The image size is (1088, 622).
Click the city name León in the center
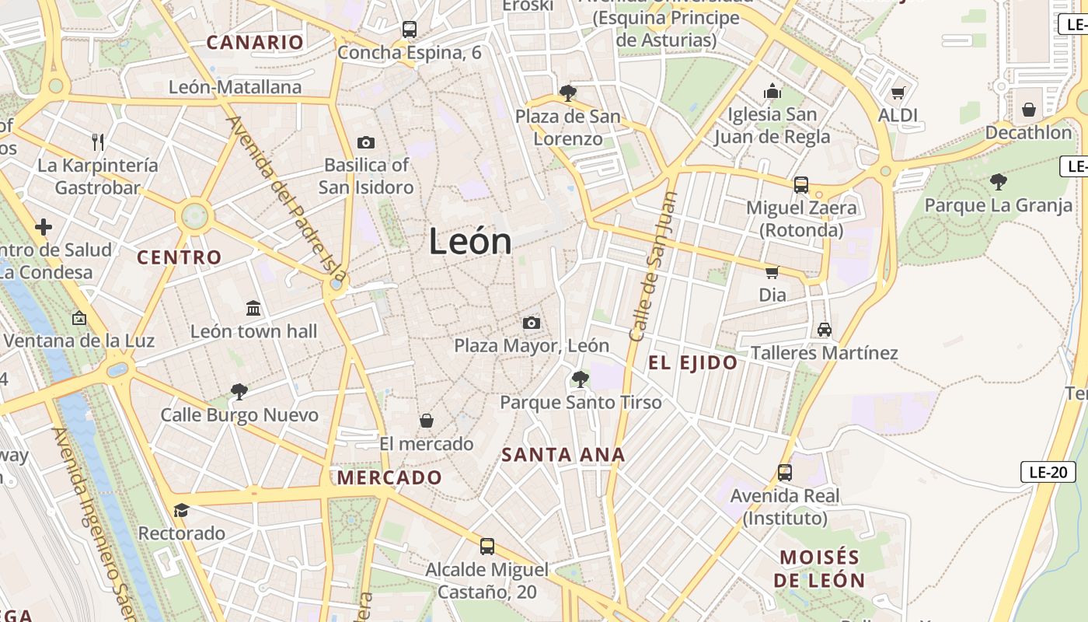click(x=470, y=242)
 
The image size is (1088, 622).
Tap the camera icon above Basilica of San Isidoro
click(x=365, y=142)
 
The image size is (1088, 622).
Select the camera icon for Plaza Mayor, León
click(x=532, y=323)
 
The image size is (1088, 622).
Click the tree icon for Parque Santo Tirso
click(x=580, y=379)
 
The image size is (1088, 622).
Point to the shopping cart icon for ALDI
click(x=898, y=93)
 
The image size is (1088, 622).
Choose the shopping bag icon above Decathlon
click(x=1029, y=110)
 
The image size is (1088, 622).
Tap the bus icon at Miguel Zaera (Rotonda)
click(x=801, y=185)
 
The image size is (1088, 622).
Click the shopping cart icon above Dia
click(x=772, y=272)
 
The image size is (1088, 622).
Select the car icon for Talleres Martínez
click(x=825, y=330)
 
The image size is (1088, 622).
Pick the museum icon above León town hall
click(x=253, y=309)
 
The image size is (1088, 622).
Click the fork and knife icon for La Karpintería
click(x=98, y=142)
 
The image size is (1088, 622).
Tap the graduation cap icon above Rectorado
click(x=182, y=510)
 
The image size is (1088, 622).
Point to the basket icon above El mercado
click(x=427, y=421)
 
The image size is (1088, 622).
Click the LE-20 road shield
click(x=1048, y=471)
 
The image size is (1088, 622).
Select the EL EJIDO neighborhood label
click(x=693, y=362)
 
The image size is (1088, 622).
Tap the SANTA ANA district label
click(x=563, y=455)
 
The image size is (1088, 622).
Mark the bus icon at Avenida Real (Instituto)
click(x=785, y=473)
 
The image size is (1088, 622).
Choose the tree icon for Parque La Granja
click(x=999, y=183)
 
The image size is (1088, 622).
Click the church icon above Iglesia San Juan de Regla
click(x=772, y=92)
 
